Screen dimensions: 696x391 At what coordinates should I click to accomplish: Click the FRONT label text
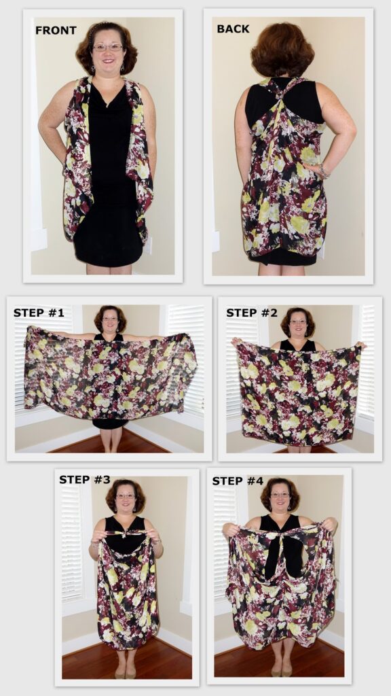pos(56,31)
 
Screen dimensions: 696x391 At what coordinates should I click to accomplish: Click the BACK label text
pos(233,29)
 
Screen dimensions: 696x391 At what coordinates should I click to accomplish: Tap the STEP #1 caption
pos(39,313)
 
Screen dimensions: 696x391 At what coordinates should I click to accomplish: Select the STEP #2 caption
pos(252,313)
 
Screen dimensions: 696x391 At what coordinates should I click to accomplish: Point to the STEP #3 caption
pos(85,480)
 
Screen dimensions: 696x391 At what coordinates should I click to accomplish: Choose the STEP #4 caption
pos(238,481)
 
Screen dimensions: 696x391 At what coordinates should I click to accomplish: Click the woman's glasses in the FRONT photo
pos(109,48)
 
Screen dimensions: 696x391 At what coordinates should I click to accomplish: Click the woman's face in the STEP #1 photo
pos(110,319)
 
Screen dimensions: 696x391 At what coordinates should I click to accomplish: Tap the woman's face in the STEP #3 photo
pos(126,497)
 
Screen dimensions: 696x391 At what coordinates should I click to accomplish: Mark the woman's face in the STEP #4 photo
pos(280,495)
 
